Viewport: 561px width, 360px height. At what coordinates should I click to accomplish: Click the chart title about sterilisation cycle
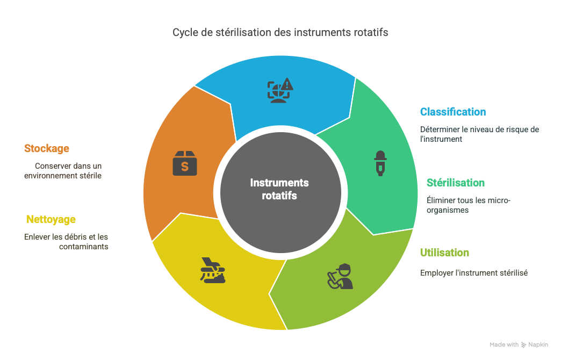point(280,33)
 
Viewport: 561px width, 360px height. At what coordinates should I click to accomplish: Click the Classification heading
point(453,112)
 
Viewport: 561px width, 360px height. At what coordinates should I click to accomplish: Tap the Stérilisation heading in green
point(456,183)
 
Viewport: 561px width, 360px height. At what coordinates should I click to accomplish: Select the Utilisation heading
point(444,253)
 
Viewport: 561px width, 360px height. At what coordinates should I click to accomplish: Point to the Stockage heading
point(47,148)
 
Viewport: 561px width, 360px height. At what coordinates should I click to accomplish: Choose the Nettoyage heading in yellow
point(51,219)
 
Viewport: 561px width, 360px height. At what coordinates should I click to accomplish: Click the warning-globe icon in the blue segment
point(280,90)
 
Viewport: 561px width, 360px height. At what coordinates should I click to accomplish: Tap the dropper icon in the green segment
point(380,163)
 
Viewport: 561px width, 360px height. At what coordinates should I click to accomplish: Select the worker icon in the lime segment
point(341,276)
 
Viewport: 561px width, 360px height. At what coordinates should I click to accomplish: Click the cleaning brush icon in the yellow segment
point(213,270)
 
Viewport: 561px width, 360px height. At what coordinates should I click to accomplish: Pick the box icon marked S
point(185,163)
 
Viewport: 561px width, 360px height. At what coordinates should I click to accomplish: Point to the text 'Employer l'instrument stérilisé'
point(474,273)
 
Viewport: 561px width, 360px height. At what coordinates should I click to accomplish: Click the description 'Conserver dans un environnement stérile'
point(63,171)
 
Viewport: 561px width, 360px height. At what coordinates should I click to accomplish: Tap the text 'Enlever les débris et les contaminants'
point(66,242)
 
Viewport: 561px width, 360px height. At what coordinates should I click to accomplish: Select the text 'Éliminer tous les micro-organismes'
point(469,205)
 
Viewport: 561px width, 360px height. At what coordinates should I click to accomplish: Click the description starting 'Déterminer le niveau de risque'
point(479,134)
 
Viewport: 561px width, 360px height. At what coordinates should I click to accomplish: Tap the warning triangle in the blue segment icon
point(287,84)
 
